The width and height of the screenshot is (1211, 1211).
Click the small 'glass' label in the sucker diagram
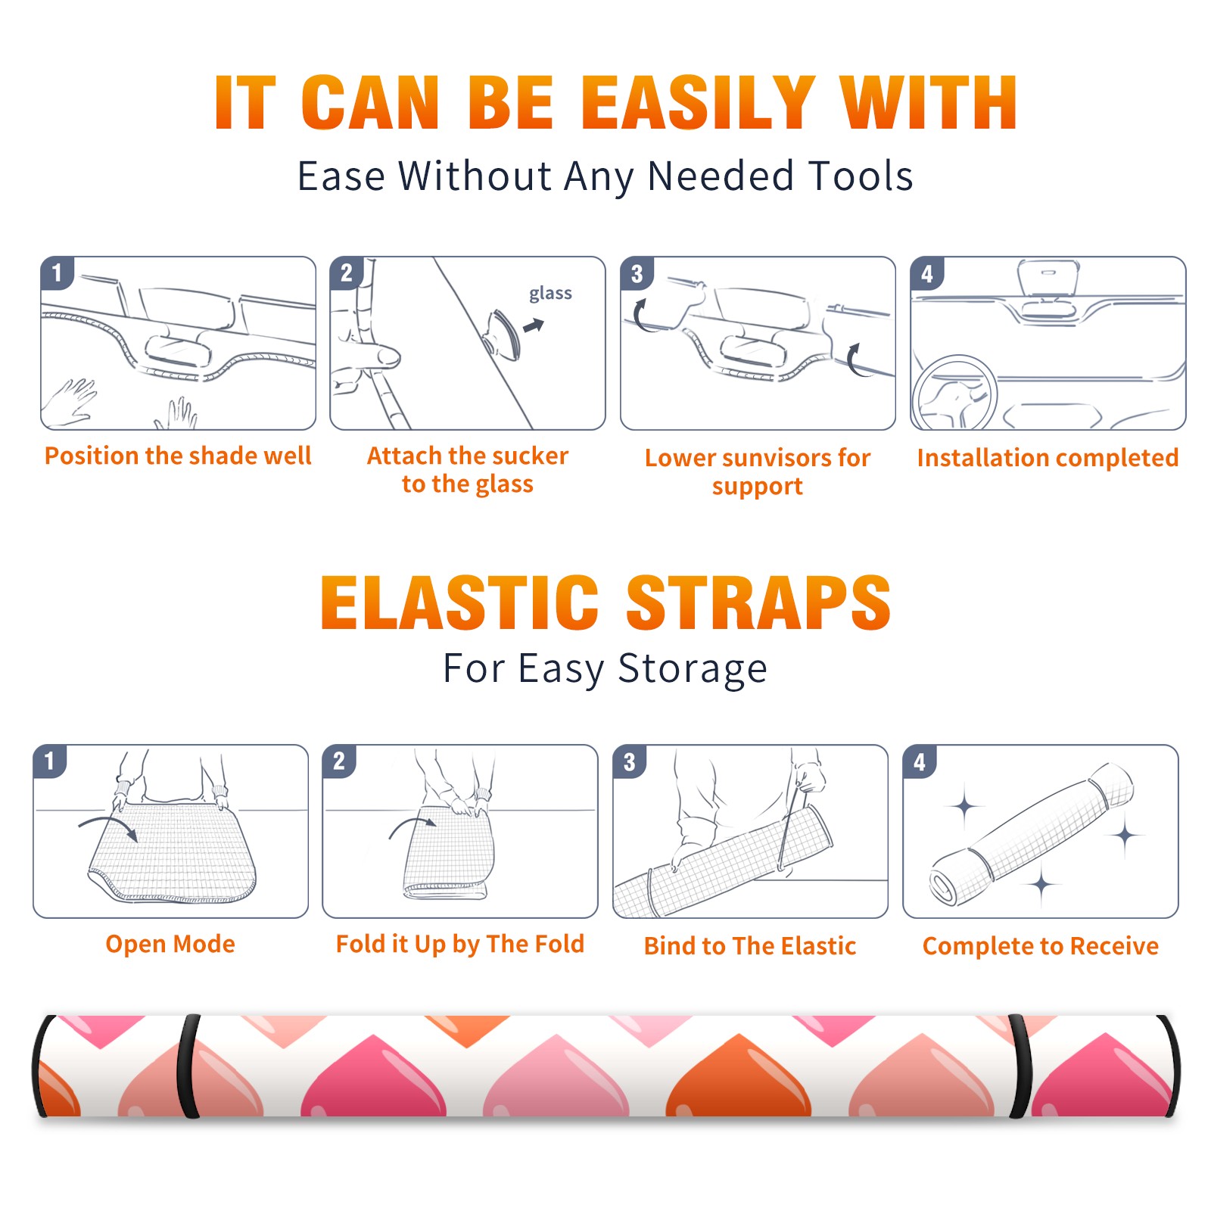click(x=550, y=294)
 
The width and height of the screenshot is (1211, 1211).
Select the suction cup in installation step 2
click(x=503, y=334)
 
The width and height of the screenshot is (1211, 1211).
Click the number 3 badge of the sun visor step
click(x=637, y=274)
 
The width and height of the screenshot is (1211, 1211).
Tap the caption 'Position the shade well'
click(x=178, y=456)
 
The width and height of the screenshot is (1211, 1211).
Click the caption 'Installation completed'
click(x=1048, y=458)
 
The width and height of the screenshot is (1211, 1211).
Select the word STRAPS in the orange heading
click(x=758, y=602)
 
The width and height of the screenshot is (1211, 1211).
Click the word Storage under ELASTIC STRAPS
click(x=693, y=669)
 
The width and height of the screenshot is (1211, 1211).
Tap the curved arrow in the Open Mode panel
click(x=108, y=827)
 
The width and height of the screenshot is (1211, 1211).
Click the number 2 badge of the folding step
click(x=339, y=761)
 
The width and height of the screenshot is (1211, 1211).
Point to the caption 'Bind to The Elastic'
click(x=750, y=946)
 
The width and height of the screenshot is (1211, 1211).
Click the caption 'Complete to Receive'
click(x=1041, y=946)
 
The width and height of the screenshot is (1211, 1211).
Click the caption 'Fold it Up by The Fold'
click(x=460, y=944)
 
